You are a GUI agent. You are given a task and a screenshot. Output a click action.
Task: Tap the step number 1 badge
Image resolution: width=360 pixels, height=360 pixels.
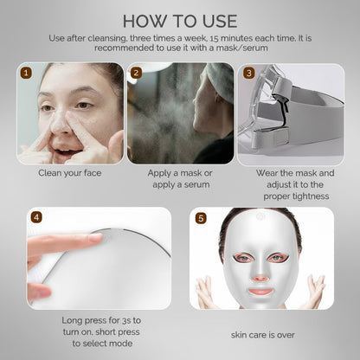pos(26,74)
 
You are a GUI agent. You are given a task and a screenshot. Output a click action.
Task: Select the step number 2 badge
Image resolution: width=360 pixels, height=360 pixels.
pos(136,74)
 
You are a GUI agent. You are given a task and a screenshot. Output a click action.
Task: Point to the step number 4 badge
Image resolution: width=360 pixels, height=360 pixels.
pos(35,217)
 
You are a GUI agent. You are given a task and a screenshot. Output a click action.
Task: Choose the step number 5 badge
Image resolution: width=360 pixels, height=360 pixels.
pos(200,217)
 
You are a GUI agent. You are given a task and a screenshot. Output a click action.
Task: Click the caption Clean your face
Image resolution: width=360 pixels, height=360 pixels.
pos(69,172)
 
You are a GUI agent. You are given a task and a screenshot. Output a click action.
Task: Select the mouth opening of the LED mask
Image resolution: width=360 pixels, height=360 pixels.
pos(262,291)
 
